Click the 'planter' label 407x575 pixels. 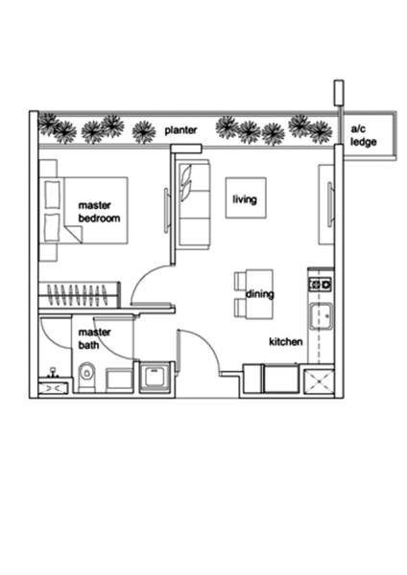[180, 130]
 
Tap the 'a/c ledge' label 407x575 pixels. [363, 136]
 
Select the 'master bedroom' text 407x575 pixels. [99, 212]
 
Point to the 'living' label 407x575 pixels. [245, 199]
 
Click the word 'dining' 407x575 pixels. [260, 294]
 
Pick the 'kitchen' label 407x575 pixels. [286, 342]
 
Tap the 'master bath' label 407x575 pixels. [94, 338]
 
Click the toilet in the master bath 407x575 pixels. [86, 377]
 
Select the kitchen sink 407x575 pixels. [321, 316]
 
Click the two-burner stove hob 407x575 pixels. [321, 285]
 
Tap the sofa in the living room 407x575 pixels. [195, 205]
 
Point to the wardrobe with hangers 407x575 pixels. [80, 295]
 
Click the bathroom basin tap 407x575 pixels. [54, 372]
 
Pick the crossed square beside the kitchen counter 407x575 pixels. [319, 381]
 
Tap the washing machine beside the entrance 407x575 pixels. [156, 378]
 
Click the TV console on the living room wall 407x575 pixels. [326, 205]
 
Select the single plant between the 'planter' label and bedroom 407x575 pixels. [144, 132]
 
